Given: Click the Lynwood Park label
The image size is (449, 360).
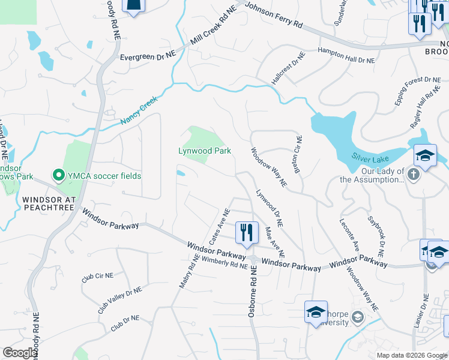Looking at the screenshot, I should click(204, 151).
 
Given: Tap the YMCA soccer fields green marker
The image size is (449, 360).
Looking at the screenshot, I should click(59, 176).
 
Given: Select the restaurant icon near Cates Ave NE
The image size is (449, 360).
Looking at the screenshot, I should click(247, 232).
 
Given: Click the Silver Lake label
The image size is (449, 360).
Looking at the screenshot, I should click(370, 158).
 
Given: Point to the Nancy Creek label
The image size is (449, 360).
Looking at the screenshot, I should click(138, 110).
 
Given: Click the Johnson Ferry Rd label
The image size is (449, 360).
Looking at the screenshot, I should click(274, 16).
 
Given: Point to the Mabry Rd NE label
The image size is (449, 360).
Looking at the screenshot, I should click(188, 271).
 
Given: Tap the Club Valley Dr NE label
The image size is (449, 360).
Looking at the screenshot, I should click(120, 300).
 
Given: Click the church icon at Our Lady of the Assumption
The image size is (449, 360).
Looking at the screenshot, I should click(413, 174).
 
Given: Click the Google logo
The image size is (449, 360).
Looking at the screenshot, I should click(19, 352).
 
